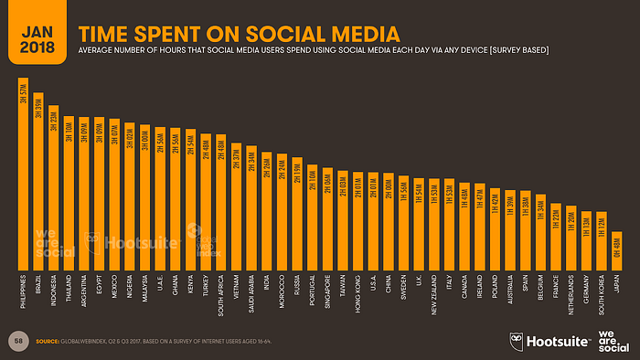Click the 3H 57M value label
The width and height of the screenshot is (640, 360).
(x=24, y=93)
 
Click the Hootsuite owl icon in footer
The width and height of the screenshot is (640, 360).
(x=518, y=340)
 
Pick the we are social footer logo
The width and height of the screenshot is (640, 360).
(x=613, y=340)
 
